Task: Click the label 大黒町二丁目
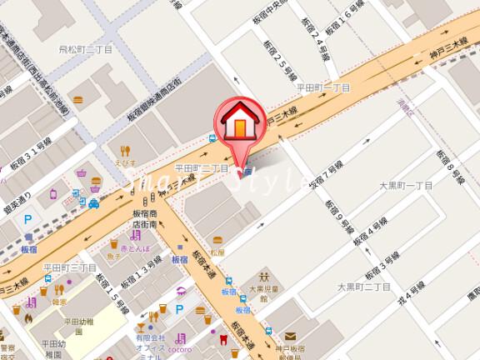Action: coord(363,287)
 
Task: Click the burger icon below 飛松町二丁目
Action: coord(77,99)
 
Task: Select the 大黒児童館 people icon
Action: coord(265,276)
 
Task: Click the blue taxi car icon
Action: coord(95,202)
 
